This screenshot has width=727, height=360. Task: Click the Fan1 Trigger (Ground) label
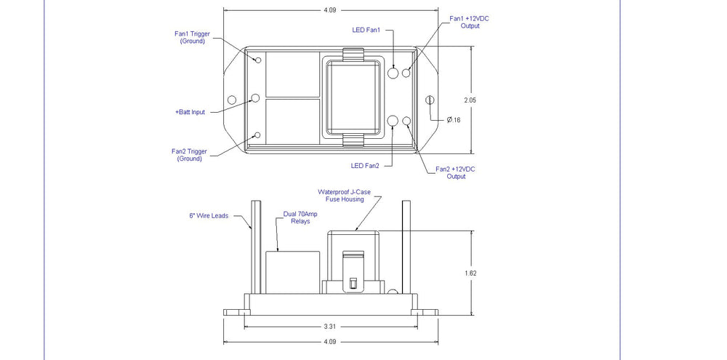(x=192, y=37)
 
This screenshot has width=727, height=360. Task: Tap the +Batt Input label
(x=190, y=112)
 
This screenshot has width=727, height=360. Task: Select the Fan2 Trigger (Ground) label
(x=189, y=155)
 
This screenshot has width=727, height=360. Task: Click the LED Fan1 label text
(x=366, y=30)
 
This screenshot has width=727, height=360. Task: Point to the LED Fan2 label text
(x=365, y=166)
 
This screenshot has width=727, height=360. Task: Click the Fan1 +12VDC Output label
(x=470, y=23)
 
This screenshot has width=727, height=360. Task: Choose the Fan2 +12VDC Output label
(x=456, y=172)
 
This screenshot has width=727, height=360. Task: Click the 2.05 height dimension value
(x=470, y=100)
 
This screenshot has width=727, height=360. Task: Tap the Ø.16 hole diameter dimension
(x=454, y=120)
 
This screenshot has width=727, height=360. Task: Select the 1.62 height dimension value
(x=470, y=273)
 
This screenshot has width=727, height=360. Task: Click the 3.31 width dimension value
(x=329, y=327)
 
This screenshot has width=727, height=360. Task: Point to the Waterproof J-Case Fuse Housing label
(x=345, y=196)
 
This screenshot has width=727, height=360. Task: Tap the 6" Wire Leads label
(x=209, y=216)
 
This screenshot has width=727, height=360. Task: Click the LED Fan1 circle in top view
(x=393, y=73)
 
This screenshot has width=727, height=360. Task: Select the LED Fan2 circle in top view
(x=393, y=121)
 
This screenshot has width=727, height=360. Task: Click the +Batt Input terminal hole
(x=255, y=98)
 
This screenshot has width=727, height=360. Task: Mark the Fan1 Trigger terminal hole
(x=258, y=60)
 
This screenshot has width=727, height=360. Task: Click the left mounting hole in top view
(x=232, y=100)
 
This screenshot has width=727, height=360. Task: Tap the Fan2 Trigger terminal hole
(x=258, y=135)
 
